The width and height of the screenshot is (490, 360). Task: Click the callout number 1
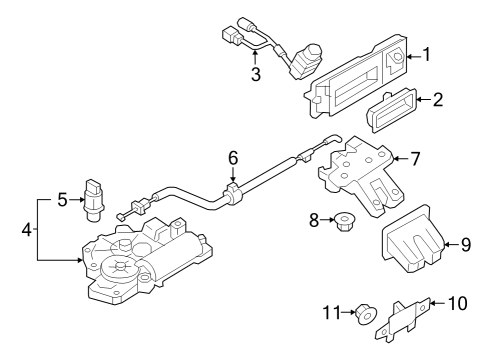(x=426, y=55)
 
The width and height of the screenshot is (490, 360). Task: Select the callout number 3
(x=256, y=74)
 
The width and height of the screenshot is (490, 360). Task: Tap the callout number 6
(x=233, y=158)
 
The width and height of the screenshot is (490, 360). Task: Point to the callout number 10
(x=457, y=303)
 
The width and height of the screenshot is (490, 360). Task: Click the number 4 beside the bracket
(x=27, y=230)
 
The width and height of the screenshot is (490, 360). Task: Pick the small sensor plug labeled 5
(x=95, y=201)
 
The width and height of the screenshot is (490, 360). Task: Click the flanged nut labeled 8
(x=344, y=222)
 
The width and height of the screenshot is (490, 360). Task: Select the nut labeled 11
(x=366, y=314)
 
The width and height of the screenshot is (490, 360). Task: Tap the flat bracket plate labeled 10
(x=404, y=319)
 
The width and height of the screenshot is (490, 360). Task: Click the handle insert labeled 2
(x=391, y=110)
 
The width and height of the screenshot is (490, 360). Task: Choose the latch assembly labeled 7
(x=361, y=176)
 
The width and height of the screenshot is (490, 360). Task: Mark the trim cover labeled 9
(x=413, y=239)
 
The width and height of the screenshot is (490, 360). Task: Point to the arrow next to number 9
(x=452, y=245)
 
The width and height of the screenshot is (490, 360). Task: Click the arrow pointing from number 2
(x=424, y=99)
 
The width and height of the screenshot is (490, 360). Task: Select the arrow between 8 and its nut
(x=327, y=220)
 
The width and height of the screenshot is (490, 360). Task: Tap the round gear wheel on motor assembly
(x=119, y=268)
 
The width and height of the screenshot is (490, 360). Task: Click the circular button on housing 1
(x=398, y=57)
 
